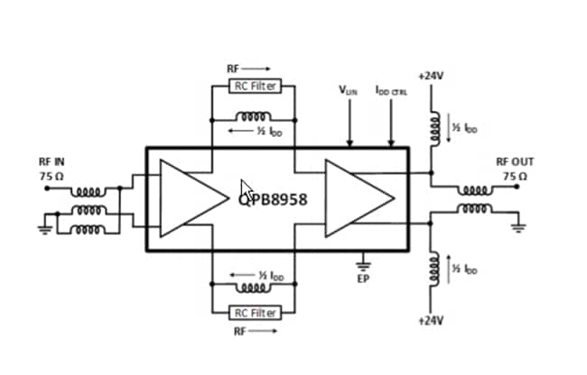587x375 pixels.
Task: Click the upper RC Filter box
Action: tap(254, 87)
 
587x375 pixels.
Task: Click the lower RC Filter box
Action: tap(254, 313)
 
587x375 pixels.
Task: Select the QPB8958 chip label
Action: tap(273, 199)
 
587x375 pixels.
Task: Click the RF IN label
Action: tap(51, 162)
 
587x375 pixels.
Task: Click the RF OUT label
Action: tap(515, 162)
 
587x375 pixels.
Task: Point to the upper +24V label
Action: tap(431, 77)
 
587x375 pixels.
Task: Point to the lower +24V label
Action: tap(431, 321)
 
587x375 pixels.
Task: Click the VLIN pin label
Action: tap(348, 90)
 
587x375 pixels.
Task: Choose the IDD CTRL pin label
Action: tap(391, 90)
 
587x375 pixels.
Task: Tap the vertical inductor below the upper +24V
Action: tap(433, 129)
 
